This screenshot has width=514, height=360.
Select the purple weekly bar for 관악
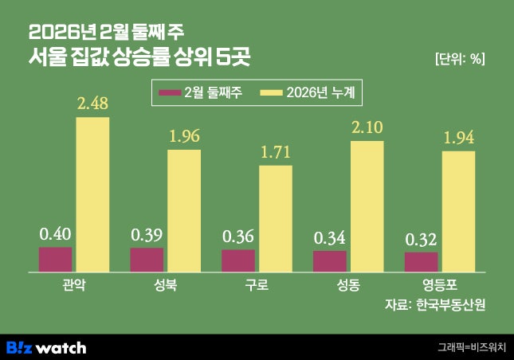tap(55, 260)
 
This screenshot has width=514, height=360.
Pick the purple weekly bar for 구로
tap(238, 260)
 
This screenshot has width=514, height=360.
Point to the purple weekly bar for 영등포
tap(421, 262)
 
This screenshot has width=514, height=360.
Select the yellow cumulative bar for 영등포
tap(458, 211)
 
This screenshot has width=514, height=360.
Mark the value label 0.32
tap(421, 239)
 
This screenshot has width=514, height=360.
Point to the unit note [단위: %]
tap(460, 58)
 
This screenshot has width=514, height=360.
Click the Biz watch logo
tap(46, 348)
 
